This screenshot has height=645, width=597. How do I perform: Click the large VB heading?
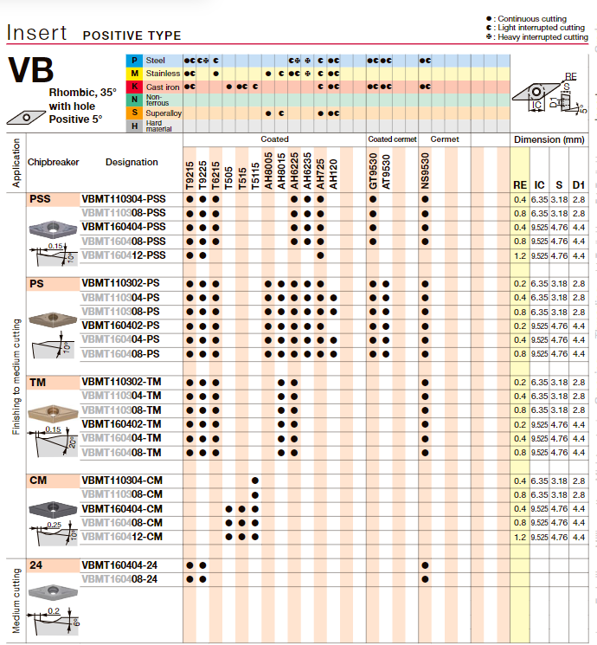coord(30,71)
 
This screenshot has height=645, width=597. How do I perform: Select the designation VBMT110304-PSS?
coord(123,199)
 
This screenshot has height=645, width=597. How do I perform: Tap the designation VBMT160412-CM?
coord(122,537)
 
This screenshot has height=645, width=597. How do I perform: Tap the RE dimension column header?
coord(519,184)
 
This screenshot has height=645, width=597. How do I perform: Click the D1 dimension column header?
coord(579,184)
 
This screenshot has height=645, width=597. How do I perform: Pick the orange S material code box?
coord(134,113)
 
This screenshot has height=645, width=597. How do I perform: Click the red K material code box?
coord(134,87)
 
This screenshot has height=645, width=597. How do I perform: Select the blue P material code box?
coord(134,61)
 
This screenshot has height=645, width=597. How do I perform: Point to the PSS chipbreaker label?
coord(40,199)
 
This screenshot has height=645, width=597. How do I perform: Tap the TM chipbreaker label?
coord(38,382)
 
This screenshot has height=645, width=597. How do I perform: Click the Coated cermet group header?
coord(392,139)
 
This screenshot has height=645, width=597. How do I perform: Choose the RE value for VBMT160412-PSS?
coord(519,255)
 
